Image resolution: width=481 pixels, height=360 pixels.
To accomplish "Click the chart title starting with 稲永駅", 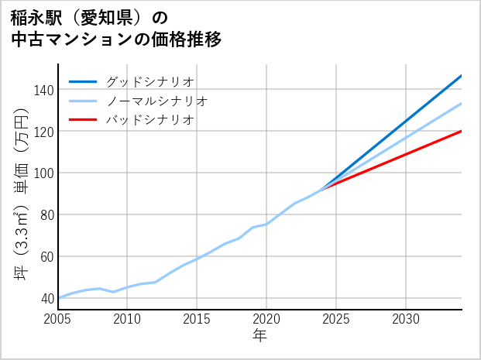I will point(116,28).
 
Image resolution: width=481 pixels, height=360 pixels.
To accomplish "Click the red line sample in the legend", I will point(84,120).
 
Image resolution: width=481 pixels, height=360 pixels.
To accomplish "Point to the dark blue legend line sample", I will point(84,81).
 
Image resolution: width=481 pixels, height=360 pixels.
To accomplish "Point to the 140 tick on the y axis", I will point(43,90).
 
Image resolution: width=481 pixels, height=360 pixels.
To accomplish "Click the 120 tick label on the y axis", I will point(43,132).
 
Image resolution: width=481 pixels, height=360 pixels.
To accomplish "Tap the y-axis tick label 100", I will point(43,173).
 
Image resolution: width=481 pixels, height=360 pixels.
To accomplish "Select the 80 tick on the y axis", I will point(46,214).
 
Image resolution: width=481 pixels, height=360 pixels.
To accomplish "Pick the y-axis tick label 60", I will point(46,256).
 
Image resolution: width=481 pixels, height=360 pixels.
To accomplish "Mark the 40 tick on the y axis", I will point(46,298).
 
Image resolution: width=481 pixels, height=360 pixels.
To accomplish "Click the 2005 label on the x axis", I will point(58,319).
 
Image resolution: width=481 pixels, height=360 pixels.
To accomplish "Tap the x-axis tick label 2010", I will point(128,319).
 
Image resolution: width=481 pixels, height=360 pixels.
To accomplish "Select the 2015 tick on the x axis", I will point(198,319).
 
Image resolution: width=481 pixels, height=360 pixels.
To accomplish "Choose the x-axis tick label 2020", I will point(266,319).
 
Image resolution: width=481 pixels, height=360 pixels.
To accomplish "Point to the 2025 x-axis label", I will point(336,319).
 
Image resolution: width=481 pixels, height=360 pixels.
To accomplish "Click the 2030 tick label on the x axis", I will point(406,319).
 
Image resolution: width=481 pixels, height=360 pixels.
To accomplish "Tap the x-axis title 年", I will point(259,336).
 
